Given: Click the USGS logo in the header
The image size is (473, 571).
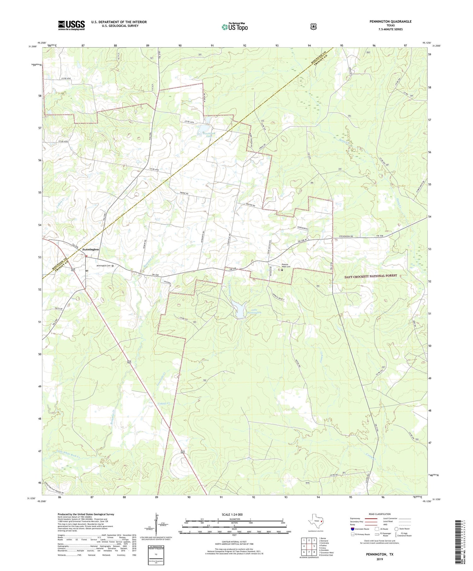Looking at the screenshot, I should tap(71, 25).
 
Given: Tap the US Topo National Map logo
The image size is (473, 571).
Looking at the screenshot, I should tap(235, 27).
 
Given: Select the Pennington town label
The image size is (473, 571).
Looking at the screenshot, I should tap(91, 249).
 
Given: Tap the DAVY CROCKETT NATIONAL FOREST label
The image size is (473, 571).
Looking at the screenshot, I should tap(371, 276).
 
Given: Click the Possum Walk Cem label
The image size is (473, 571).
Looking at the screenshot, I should tap(288, 266).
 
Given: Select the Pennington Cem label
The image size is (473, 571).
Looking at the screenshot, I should tap(104, 266).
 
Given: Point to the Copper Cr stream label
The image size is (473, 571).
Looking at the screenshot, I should tap(164, 403).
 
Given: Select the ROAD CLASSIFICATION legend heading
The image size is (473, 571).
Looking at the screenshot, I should tap(377, 514).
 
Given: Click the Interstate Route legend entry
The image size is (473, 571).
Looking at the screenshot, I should tap(362, 529).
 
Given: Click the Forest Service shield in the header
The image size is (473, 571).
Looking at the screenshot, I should tap(313, 27).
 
